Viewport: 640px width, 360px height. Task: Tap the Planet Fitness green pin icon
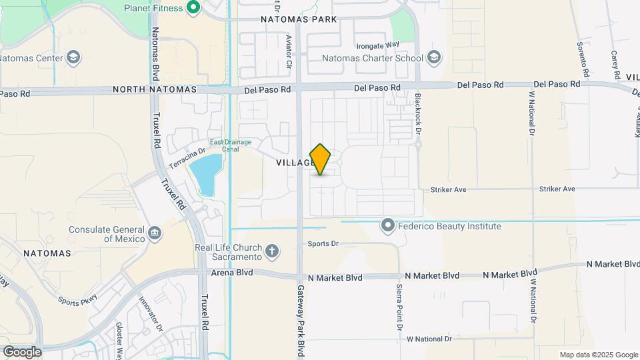[194, 8]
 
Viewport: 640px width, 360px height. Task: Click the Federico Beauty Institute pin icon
[388, 226]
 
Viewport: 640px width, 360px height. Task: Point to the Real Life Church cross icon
[271, 251]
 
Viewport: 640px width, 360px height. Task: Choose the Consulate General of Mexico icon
[155, 233]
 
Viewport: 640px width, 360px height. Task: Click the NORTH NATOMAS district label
[155, 89]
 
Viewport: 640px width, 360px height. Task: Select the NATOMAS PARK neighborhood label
[299, 20]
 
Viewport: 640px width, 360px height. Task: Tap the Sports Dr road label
[323, 244]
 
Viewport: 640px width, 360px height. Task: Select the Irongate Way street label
[377, 45]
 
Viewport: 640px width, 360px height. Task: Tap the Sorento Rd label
[583, 59]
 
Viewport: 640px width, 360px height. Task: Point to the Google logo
[22, 351]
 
